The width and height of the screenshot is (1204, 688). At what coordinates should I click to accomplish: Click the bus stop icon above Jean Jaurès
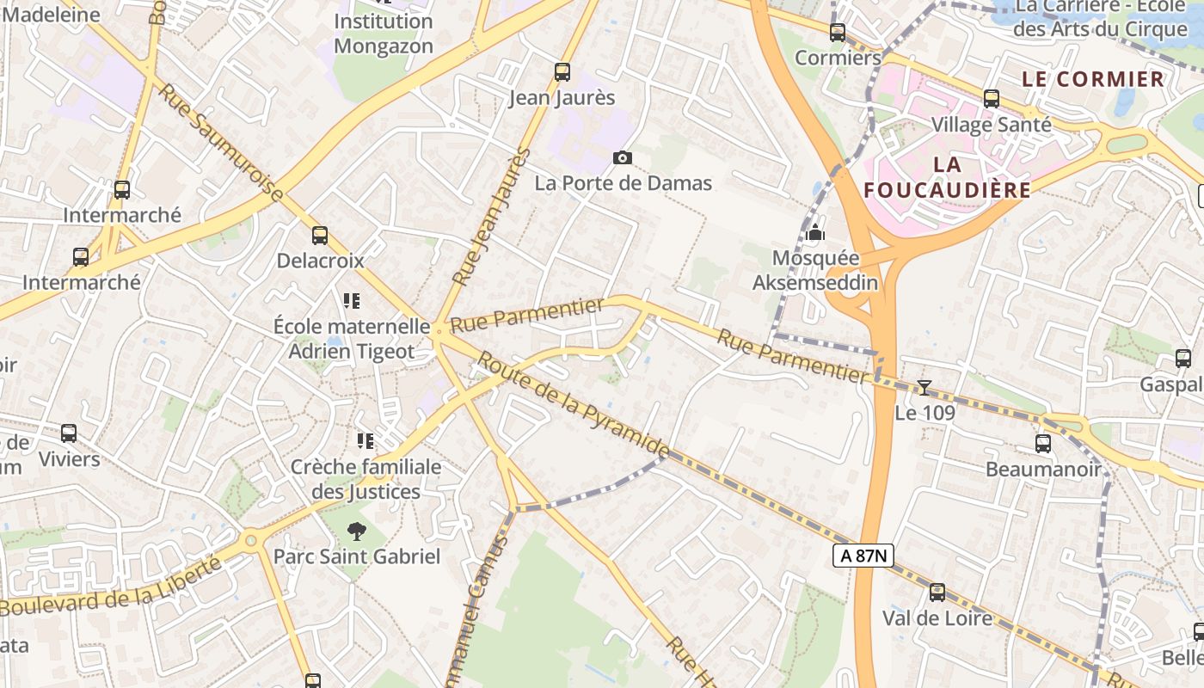[x=562, y=72]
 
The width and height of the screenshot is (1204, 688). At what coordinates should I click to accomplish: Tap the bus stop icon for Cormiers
[x=838, y=33]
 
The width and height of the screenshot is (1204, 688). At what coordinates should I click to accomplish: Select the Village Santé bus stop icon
[x=992, y=99]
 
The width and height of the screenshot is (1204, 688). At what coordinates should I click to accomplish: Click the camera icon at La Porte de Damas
[x=623, y=157]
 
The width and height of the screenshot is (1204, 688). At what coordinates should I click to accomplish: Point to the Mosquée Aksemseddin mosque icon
[x=815, y=232]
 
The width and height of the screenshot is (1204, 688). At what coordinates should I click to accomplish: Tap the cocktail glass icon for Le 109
[x=924, y=388]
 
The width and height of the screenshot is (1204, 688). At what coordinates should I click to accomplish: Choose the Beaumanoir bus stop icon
[x=1043, y=444]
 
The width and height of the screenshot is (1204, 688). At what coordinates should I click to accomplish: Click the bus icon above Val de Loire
[x=937, y=593]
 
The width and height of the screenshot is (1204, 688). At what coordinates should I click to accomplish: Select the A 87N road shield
[x=863, y=556]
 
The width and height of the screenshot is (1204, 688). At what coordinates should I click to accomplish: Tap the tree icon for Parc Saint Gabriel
[x=356, y=531]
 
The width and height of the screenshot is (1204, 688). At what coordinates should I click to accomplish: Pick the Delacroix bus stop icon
[x=320, y=235]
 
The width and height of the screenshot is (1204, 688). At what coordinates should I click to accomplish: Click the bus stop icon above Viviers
[x=69, y=433]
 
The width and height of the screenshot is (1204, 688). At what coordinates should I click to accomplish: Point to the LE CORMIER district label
[x=1092, y=79]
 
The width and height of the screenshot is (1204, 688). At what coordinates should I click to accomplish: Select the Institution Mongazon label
[x=384, y=34]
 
